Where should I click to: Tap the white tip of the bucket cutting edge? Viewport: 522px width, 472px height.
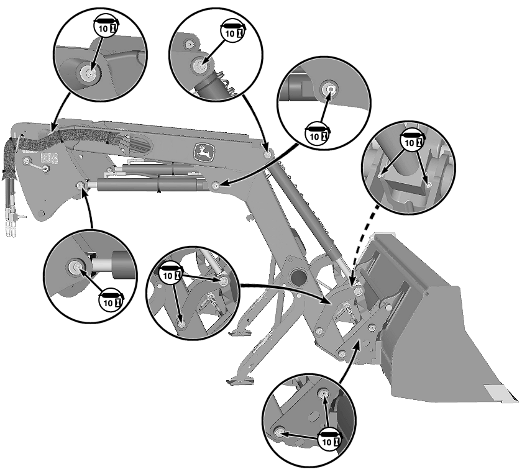coord(501,393)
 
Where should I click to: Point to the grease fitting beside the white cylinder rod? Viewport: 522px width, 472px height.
coord(75,267)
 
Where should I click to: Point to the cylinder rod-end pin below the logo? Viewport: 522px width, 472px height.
coord(214,185)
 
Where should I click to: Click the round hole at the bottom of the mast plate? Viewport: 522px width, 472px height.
coord(40,214)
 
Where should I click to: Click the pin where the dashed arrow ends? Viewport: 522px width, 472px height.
coord(357,289)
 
